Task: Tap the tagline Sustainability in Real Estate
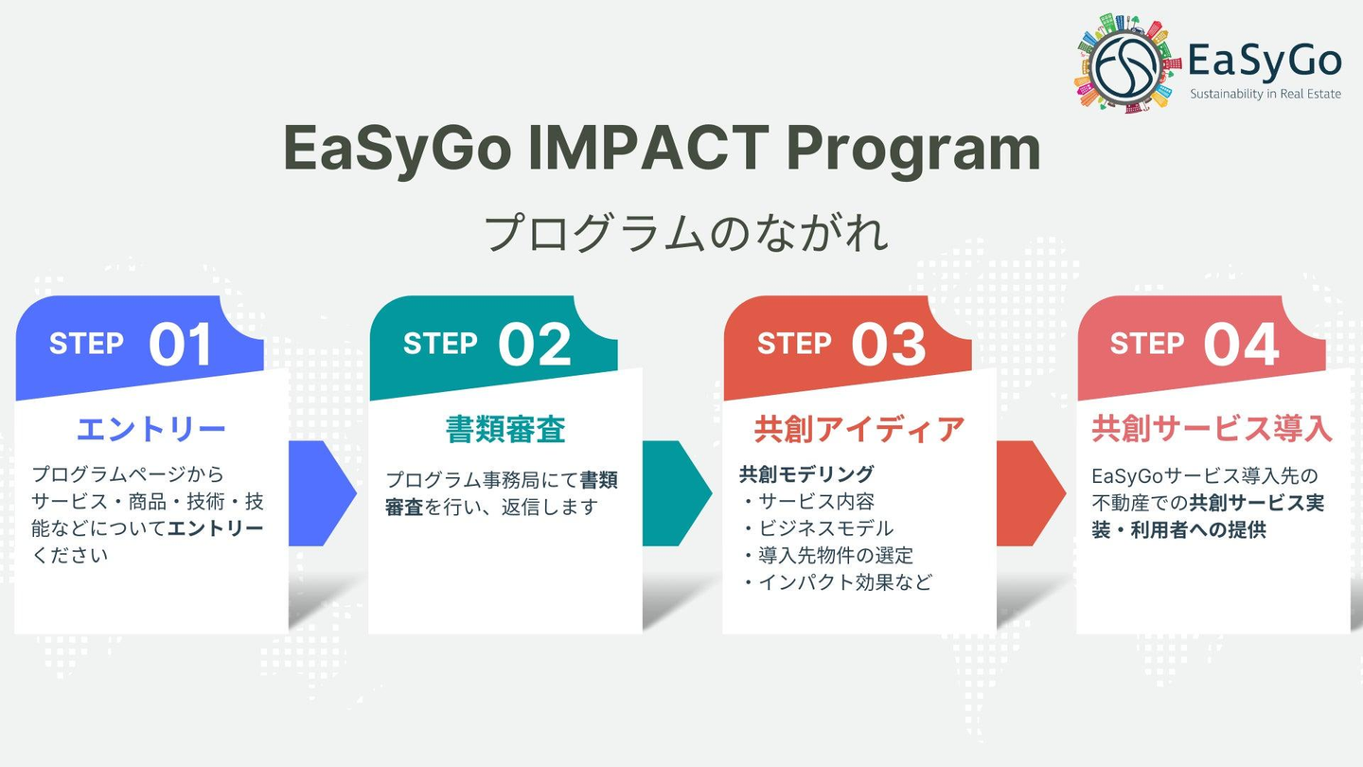pyautogui.click(x=1266, y=94)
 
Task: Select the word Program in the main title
pyautogui.click(x=913, y=151)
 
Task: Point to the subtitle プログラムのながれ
pyautogui.click(x=685, y=233)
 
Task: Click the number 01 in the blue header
pyautogui.click(x=180, y=345)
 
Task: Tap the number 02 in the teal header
pyautogui.click(x=534, y=345)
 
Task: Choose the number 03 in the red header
pyautogui.click(x=889, y=345)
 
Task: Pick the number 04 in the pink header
pyautogui.click(x=1241, y=345)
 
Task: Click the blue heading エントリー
pyautogui.click(x=150, y=429)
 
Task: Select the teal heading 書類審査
pyautogui.click(x=505, y=429)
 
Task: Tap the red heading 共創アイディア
pyautogui.click(x=859, y=429)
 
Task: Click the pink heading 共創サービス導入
pyautogui.click(x=1213, y=429)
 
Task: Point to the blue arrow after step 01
pyautogui.click(x=323, y=493)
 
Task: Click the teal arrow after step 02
pyautogui.click(x=678, y=493)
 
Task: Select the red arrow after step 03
pyautogui.click(x=1032, y=493)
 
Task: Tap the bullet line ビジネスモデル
pyautogui.click(x=819, y=528)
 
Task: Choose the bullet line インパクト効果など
pyautogui.click(x=838, y=582)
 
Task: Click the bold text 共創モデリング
pyautogui.click(x=806, y=473)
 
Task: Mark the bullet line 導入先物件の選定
pyautogui.click(x=828, y=555)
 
